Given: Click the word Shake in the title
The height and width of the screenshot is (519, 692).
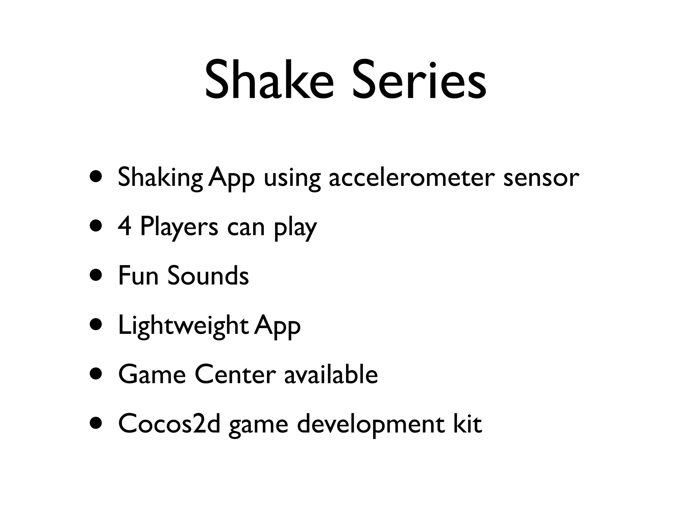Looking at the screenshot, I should coord(269,80).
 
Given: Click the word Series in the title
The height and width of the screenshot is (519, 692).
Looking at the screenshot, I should coord(419,80).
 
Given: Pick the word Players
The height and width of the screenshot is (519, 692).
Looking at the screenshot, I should coord(179,227).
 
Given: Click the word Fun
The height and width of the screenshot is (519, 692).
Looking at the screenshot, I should coord(138,275).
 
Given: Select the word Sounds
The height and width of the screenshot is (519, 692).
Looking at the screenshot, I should coord(208,275).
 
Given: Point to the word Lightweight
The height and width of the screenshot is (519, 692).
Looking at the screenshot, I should coord(183,325).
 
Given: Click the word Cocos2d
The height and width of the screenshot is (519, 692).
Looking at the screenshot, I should coord(169,424).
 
